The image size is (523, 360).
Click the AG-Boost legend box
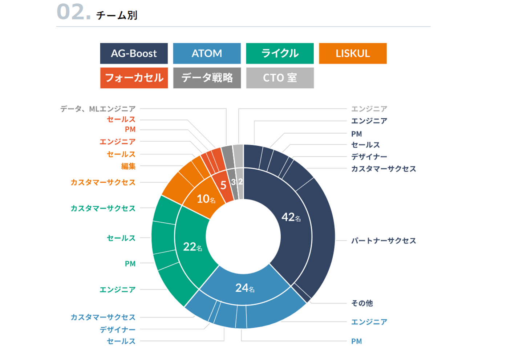[134, 53]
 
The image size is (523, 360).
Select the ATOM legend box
[207, 53]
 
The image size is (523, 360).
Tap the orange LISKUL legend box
[353, 53]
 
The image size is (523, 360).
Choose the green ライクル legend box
[280, 53]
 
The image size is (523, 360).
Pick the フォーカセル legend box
[134, 78]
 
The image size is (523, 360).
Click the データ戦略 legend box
[207, 78]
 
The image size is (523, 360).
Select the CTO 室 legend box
[280, 78]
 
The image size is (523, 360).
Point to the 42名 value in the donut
[291, 217]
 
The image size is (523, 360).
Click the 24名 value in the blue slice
[245, 288]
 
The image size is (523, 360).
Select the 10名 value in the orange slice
[206, 199]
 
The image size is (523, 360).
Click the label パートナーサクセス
[383, 240]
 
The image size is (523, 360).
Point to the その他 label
[362, 303]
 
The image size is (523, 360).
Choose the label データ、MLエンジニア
[98, 109]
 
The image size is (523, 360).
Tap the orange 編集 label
[128, 166]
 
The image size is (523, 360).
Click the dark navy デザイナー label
[369, 157]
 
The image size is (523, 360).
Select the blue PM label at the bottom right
[356, 341]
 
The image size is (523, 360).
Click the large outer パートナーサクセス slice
[323, 236]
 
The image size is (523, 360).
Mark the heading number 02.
[73, 12]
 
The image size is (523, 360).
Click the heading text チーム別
[117, 15]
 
